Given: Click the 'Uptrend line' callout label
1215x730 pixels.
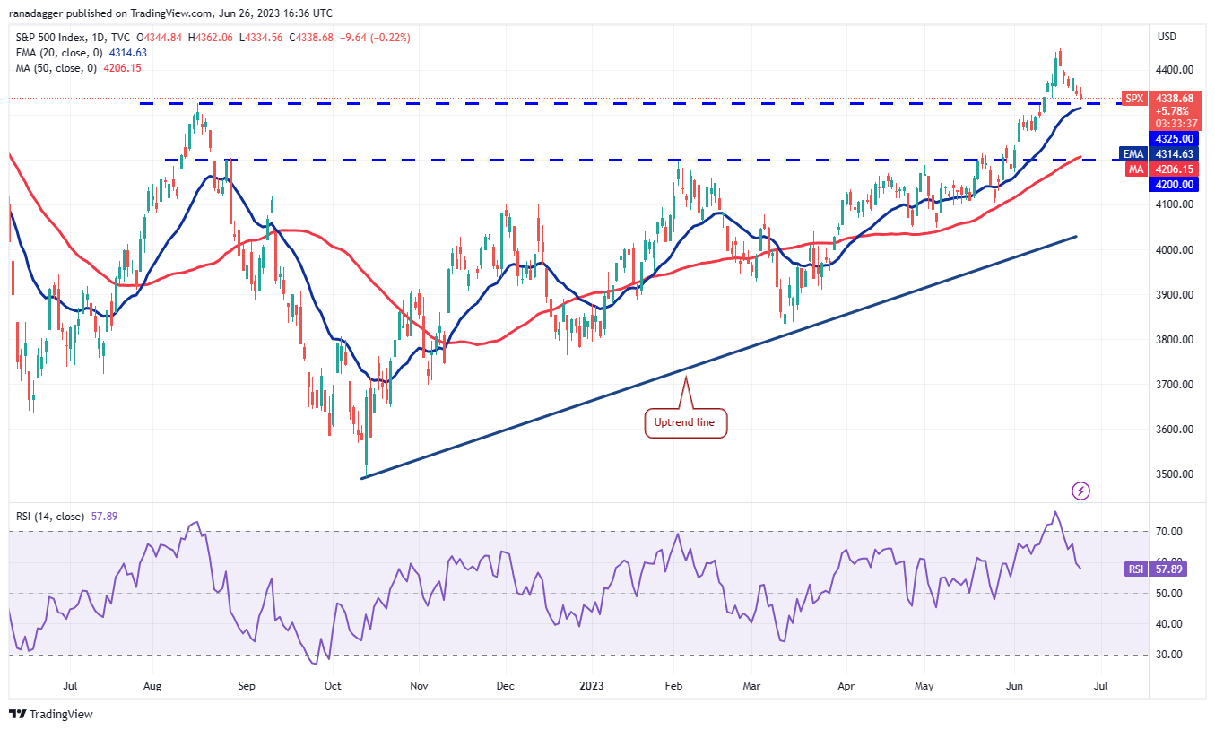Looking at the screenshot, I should pos(686,422).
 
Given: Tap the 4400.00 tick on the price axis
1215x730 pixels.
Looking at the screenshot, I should pos(1174,70).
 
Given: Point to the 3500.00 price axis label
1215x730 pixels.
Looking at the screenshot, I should pos(1174,474).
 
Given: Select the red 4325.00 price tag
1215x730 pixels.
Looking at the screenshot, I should pos(1174,139).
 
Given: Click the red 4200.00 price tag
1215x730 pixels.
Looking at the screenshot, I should pos(1174,184).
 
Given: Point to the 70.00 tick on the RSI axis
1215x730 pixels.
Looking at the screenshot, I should pos(1167,532).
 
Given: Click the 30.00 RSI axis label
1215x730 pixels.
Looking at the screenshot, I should pos(1167,655).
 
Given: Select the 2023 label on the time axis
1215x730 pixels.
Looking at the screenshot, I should pos(591,687).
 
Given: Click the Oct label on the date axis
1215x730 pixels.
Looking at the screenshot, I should pos(333,687).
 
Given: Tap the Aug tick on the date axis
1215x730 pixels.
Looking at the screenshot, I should pos(152,687).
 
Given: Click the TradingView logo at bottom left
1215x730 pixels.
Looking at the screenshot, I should pos(51,715).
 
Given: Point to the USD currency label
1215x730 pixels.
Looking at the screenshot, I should pos(1167,37).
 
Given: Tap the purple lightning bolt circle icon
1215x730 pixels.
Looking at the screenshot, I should pos(1081,491).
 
